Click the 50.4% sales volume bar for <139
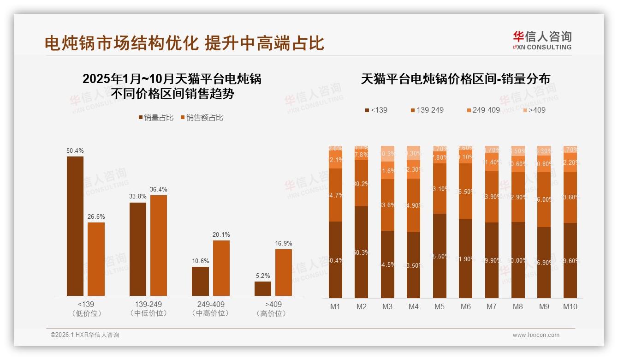pyautogui.click(x=75, y=226)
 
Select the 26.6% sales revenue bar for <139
pyautogui.click(x=96, y=259)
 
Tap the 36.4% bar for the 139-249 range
pyautogui.click(x=159, y=246)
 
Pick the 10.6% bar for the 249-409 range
pyautogui.click(x=200, y=281)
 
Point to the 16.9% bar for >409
pyautogui.click(x=284, y=272)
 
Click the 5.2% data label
pyautogui.click(x=262, y=276)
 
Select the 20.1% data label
pyautogui.click(x=221, y=234)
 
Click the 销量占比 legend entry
pyautogui.click(x=156, y=118)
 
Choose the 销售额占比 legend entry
pyautogui.click(x=202, y=118)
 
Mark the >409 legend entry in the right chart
pyautogui.click(x=535, y=110)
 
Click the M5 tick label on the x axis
pyautogui.click(x=440, y=306)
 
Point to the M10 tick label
pyautogui.click(x=570, y=306)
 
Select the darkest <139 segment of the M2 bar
pyautogui.click(x=361, y=252)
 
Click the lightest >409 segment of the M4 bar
pyautogui.click(x=413, y=153)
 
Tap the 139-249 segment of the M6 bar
pyautogui.click(x=466, y=191)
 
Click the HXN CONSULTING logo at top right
pyautogui.click(x=542, y=40)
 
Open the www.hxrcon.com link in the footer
pyautogui.click(x=536, y=335)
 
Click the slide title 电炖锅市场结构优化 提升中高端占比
pyautogui.click(x=184, y=43)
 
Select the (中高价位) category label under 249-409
pyautogui.click(x=211, y=313)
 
